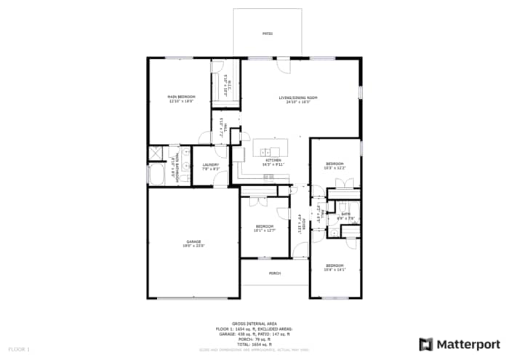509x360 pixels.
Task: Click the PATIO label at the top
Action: click(268, 34)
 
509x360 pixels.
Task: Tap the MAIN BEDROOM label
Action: click(180, 97)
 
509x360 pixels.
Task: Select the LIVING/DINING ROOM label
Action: click(298, 97)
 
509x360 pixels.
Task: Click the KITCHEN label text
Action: click(273, 160)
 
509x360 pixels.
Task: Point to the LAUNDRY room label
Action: click(211, 165)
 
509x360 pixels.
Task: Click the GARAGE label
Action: click(193, 241)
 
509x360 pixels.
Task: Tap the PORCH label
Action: click(275, 273)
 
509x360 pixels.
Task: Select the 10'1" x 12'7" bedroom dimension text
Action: click(265, 231)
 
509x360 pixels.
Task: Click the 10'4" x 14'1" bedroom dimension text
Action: click(334, 269)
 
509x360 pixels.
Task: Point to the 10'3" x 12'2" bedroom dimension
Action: click(335, 168)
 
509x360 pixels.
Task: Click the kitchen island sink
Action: click(265, 153)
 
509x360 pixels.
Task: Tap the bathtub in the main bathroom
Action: click(157, 175)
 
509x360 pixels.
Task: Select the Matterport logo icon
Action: click(426, 343)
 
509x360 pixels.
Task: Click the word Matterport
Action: click(468, 343)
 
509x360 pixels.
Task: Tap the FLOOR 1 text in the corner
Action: click(20, 350)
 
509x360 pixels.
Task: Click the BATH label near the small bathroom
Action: click(346, 214)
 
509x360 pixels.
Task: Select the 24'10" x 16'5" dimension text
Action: click(298, 103)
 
